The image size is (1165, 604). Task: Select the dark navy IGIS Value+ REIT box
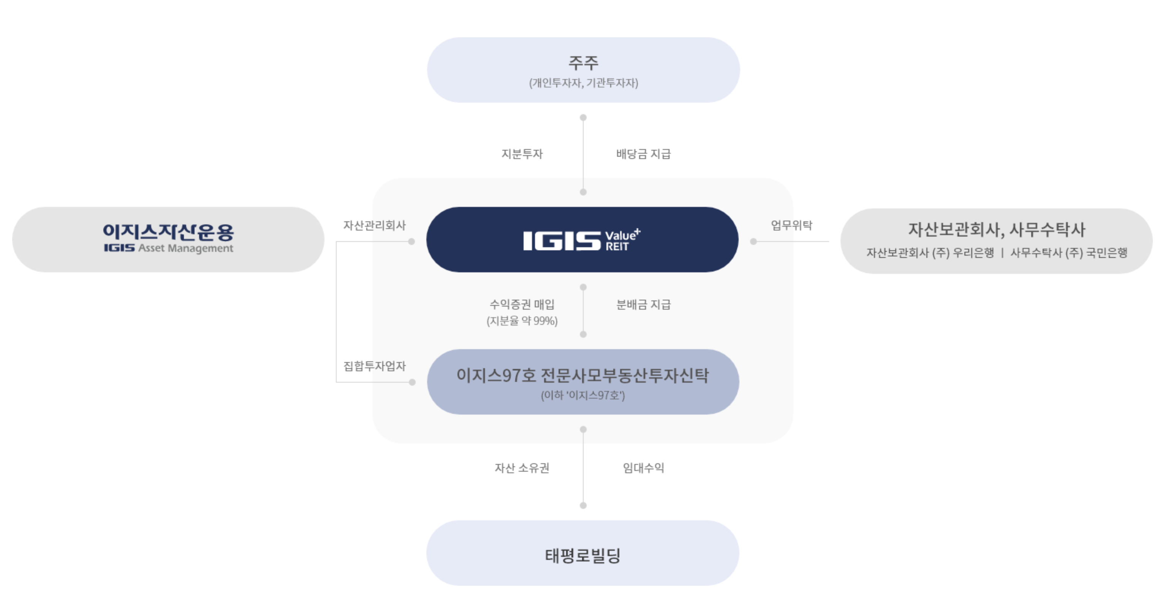(582, 240)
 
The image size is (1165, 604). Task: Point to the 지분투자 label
(522, 154)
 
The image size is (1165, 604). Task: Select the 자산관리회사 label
(375, 225)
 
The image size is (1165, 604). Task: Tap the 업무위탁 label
(791, 225)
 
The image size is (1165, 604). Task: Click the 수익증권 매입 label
(522, 304)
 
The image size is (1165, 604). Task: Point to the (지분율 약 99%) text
(522, 321)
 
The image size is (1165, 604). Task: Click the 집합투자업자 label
(375, 366)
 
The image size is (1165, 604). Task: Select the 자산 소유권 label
(522, 468)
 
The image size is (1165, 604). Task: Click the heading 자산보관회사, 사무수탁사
(996, 230)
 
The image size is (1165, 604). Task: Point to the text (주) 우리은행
(963, 253)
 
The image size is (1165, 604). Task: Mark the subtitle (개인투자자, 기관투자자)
(583, 83)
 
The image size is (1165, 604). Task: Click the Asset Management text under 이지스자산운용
(185, 248)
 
